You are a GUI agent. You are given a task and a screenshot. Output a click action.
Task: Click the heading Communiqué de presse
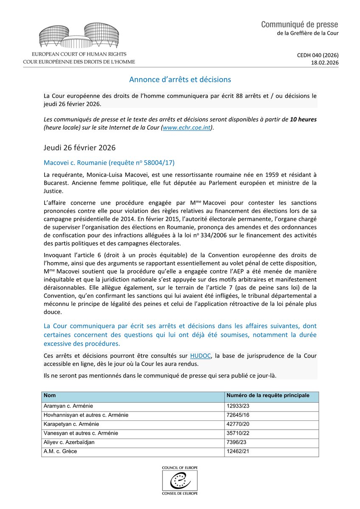pos(300,24)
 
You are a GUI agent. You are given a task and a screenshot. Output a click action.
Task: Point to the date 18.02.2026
pos(325,62)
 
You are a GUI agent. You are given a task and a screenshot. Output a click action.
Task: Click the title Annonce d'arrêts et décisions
pos(180,79)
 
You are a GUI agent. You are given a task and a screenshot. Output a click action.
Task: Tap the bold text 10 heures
pos(303,119)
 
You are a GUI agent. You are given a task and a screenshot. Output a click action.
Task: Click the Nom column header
pos(50,395)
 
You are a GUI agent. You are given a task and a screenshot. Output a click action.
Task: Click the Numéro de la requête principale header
pos(267,395)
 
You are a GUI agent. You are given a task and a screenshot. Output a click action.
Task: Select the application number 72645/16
pos(239,415)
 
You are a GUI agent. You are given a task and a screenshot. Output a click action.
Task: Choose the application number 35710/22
pos(239,433)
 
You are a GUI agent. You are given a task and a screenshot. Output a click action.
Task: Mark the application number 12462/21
pos(239,451)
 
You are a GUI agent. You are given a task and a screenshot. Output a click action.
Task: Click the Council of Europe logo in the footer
pos(180,480)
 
